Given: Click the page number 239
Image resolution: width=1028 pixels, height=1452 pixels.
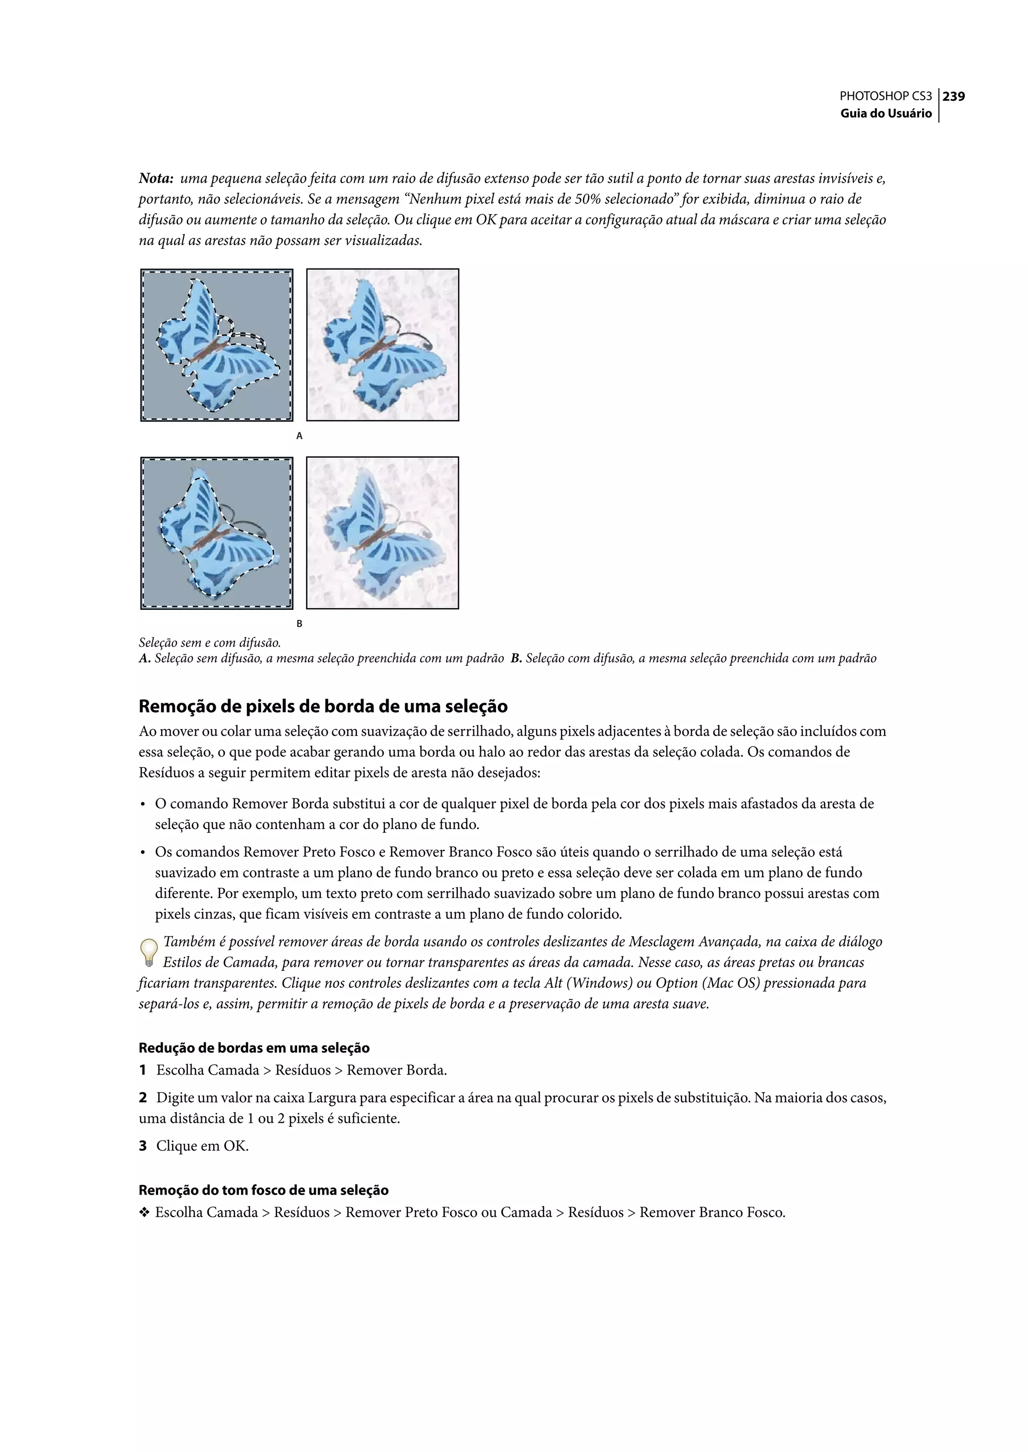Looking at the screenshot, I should [x=953, y=96].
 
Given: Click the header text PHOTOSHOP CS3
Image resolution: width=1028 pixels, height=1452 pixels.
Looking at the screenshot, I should [x=885, y=96].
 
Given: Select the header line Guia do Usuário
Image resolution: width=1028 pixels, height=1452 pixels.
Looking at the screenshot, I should [x=885, y=113].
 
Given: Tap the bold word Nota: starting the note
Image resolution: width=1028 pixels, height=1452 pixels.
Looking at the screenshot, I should [x=156, y=179].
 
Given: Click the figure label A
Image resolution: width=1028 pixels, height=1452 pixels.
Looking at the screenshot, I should [x=299, y=436].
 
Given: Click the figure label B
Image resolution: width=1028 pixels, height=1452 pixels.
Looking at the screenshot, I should [x=299, y=623].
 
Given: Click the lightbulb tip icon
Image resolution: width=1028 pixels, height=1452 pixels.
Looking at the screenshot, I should [x=148, y=953].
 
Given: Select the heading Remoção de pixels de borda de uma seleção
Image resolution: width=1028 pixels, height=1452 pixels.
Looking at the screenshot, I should [x=323, y=706].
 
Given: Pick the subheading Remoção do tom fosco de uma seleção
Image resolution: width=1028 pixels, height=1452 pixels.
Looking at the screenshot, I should [x=264, y=1190].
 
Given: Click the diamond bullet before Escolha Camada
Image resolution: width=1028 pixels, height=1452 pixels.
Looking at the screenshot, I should [x=144, y=1213].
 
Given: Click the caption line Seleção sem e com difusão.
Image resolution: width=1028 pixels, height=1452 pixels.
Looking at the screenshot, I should [x=209, y=643].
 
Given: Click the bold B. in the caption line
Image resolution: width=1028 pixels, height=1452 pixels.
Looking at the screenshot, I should [x=516, y=659].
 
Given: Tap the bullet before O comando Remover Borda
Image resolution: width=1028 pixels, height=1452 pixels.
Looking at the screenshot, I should [x=143, y=805].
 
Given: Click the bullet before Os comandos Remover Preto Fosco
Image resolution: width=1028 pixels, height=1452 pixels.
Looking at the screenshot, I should [x=143, y=853].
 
